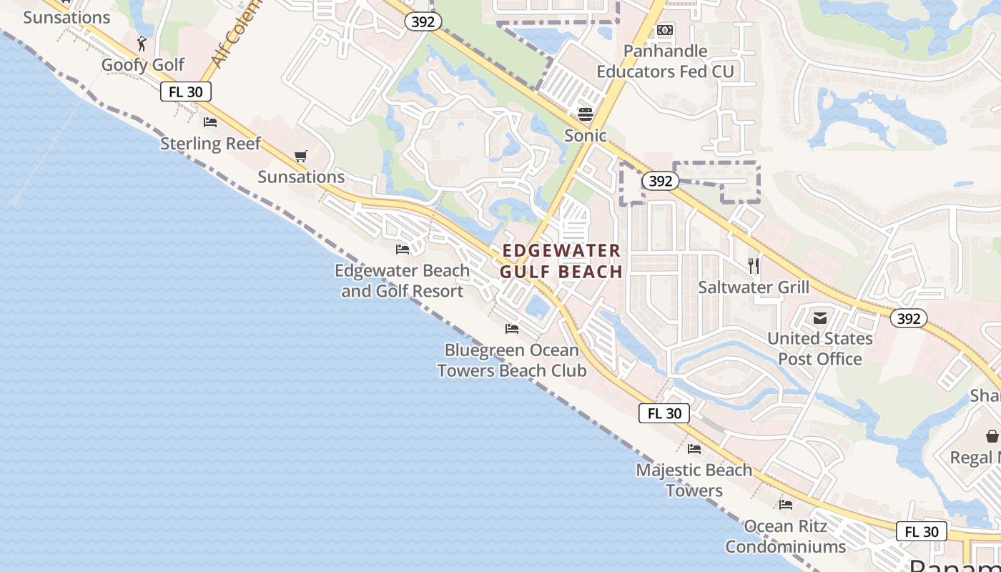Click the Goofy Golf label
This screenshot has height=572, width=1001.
point(143,65)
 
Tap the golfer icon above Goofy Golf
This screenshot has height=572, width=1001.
point(142,44)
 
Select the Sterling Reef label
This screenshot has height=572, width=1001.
point(210,144)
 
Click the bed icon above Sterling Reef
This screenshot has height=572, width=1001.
point(210,122)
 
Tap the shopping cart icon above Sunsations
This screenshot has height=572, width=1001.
point(301,156)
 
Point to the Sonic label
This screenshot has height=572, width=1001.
point(586,136)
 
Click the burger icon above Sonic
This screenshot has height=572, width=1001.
point(586,114)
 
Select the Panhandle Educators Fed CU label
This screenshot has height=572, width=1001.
point(665,61)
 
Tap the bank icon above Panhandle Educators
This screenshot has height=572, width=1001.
point(665,30)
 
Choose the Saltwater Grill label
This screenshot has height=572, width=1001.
point(754,287)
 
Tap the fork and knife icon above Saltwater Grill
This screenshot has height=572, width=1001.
point(753,266)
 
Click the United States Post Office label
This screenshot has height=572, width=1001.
point(820,348)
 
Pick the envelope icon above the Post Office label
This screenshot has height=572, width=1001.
point(820,317)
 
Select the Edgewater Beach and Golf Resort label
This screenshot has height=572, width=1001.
point(403,281)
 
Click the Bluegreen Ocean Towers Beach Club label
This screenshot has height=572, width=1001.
point(512,360)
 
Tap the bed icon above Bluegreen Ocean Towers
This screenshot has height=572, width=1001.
point(512,329)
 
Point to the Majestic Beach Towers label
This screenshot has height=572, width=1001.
point(694,480)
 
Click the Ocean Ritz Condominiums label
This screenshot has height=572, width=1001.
point(786,536)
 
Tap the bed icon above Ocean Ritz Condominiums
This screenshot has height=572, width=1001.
point(786,505)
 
